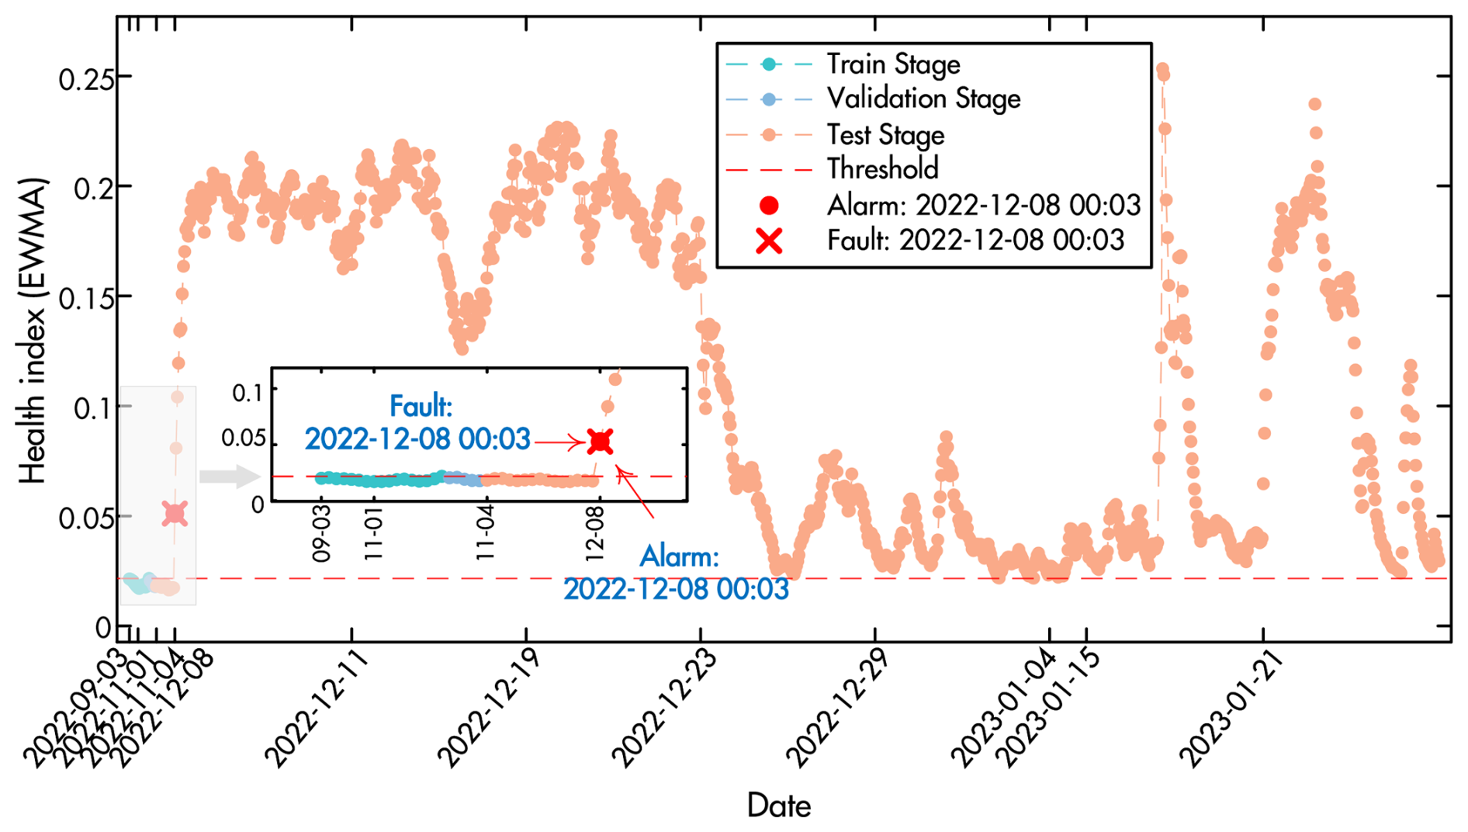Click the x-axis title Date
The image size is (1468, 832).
778,806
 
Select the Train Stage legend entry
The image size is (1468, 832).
892,64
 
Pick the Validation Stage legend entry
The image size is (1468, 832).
923,99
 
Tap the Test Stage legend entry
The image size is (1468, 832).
885,135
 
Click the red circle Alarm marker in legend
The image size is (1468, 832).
769,206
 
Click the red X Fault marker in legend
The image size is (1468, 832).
769,241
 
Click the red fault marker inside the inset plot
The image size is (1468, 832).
601,442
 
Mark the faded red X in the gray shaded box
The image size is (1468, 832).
175,513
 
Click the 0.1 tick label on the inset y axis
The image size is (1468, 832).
248,393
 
